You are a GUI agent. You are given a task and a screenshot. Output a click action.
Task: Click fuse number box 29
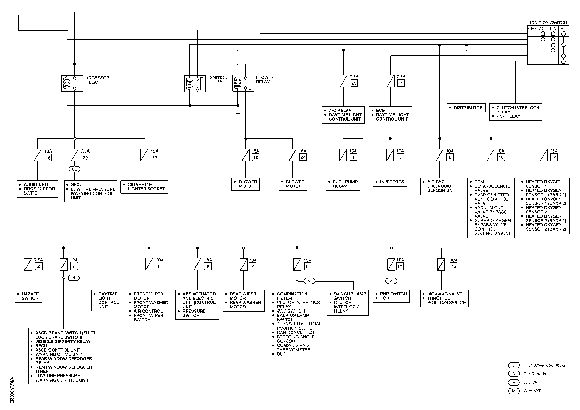(354, 83)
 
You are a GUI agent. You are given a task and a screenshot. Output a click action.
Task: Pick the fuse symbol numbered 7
(390, 81)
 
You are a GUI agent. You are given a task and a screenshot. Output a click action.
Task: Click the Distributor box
(466, 108)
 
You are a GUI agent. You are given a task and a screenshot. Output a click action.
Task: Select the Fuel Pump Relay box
(343, 184)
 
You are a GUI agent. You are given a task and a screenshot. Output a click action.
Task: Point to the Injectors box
(390, 182)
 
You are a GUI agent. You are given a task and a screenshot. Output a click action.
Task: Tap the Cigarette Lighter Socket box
(144, 187)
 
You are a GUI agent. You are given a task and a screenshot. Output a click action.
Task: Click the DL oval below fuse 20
(74, 169)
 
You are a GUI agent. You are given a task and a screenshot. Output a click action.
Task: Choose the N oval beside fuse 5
(74, 278)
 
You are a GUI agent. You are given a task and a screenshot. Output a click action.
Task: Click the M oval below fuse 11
(309, 281)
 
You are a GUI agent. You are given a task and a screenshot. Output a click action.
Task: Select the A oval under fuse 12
(391, 281)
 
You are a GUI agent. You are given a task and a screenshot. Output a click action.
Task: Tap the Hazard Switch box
(28, 296)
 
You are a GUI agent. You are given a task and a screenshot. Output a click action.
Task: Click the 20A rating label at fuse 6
(159, 260)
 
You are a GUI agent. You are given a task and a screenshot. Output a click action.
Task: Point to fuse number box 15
(453, 266)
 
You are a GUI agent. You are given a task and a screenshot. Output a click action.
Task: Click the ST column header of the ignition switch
(564, 28)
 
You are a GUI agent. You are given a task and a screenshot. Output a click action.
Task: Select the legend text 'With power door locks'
(544, 365)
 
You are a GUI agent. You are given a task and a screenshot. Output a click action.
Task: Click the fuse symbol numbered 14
(544, 155)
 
